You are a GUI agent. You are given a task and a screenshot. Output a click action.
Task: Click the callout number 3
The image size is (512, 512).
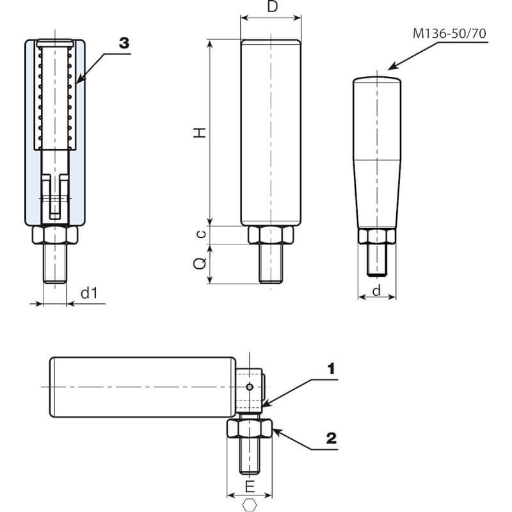124,43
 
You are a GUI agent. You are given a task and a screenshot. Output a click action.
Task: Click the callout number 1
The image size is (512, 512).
331,369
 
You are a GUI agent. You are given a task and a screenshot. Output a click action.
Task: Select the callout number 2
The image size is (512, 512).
331,438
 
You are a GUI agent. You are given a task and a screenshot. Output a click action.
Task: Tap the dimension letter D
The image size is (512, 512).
272,8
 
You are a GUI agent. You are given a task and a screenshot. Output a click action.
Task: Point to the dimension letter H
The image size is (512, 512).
200,132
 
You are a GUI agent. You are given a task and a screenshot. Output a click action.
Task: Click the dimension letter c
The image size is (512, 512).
201,234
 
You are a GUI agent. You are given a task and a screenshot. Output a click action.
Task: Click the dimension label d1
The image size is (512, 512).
89,293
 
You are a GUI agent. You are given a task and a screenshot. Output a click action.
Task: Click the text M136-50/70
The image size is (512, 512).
449,34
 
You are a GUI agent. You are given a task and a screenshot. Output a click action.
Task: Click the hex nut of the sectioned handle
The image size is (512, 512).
55,235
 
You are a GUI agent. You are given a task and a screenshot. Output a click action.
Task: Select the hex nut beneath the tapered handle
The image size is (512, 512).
376,237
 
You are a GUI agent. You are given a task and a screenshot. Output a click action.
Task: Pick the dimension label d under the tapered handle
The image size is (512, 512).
376,291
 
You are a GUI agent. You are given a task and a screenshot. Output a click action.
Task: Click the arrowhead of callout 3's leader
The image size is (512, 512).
78,81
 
